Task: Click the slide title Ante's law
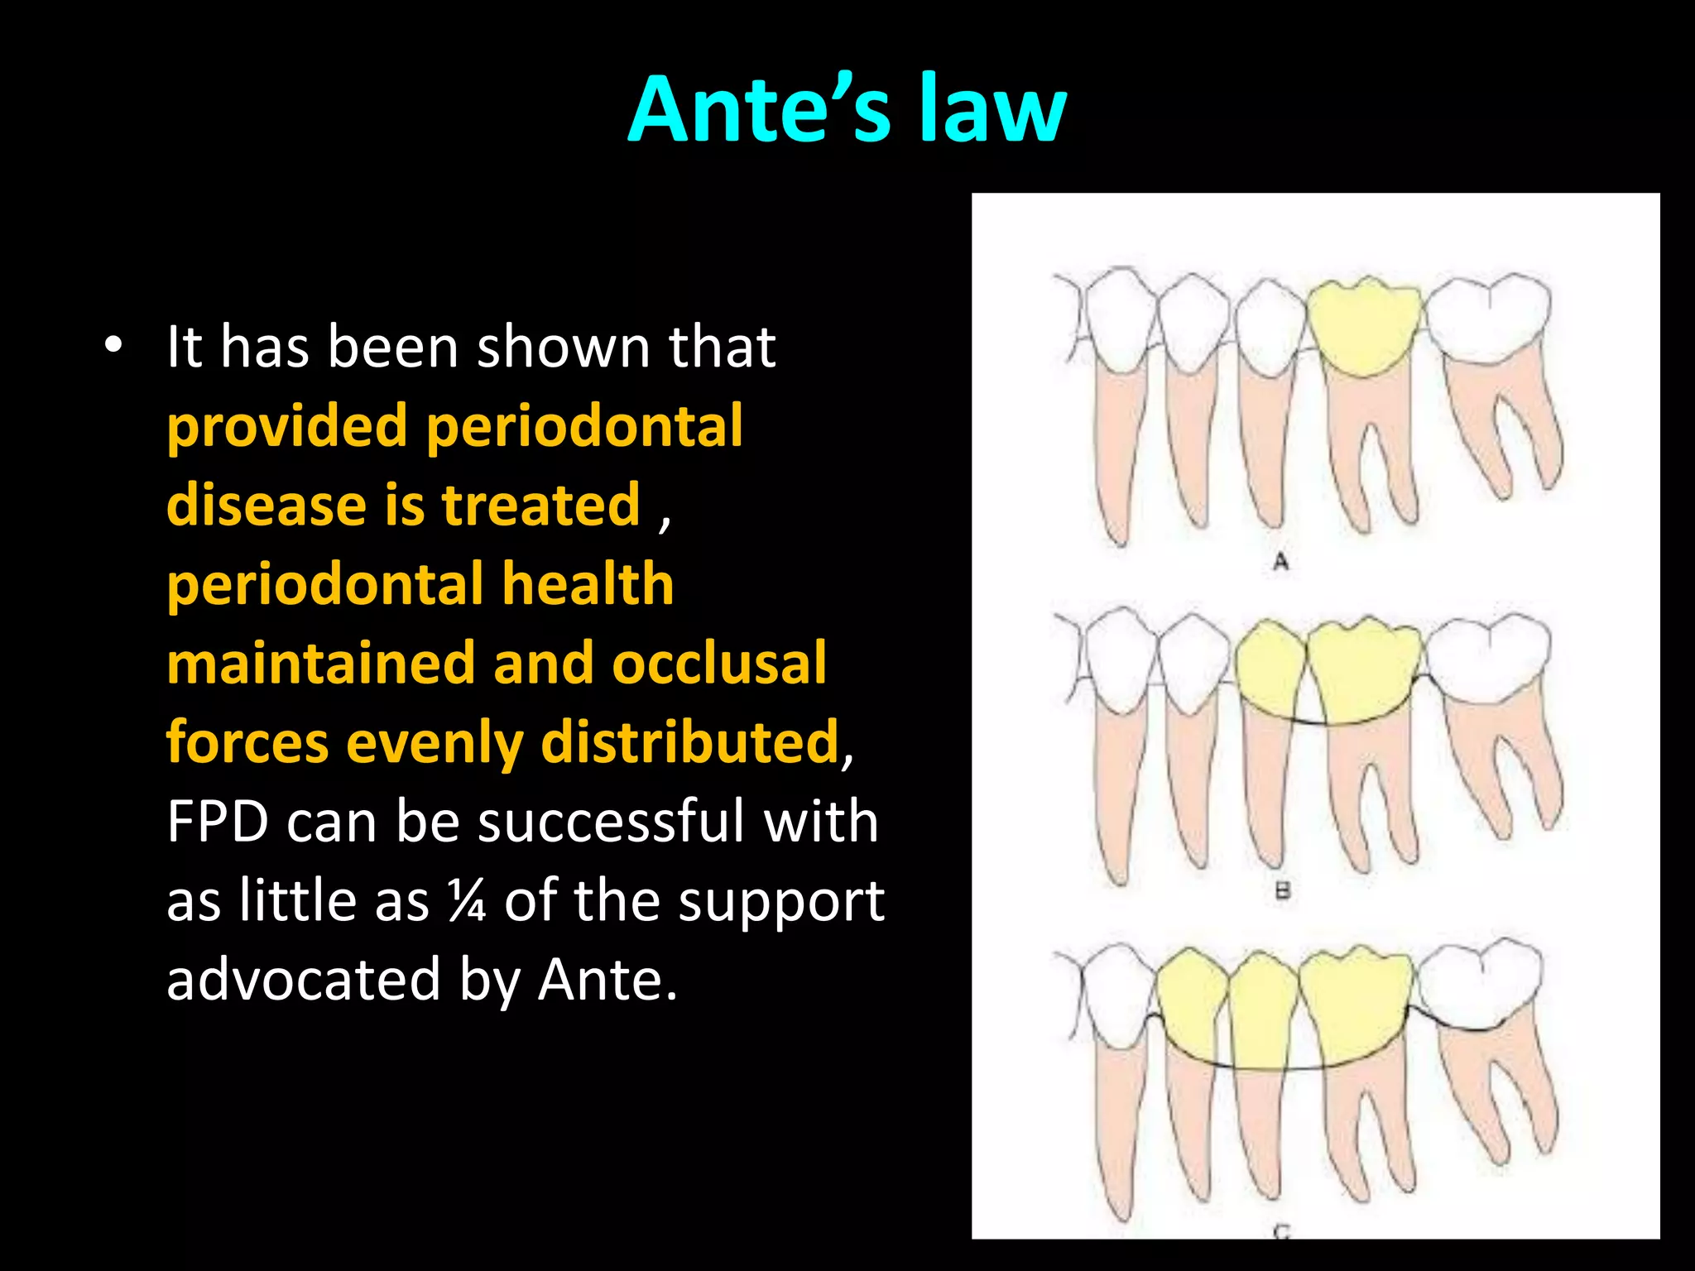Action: coord(847,109)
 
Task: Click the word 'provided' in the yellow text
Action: coord(286,427)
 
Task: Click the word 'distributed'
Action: coord(689,742)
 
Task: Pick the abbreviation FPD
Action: coord(218,822)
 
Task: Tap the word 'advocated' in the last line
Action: coord(303,980)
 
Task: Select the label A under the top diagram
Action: coord(1280,562)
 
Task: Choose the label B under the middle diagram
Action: coord(1282,891)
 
